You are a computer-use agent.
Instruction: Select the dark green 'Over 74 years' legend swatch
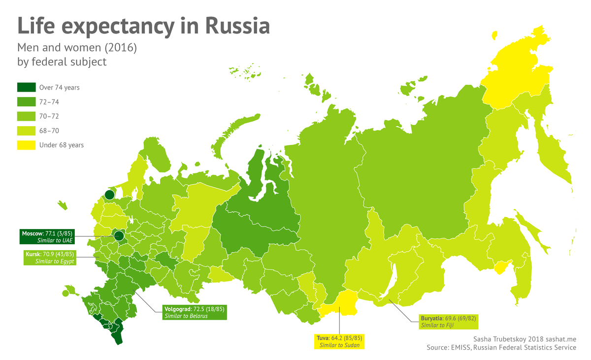pyautogui.click(x=26, y=87)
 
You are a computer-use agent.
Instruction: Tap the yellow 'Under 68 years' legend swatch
pyautogui.click(x=26, y=145)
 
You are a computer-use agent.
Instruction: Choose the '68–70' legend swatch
pyautogui.click(x=26, y=131)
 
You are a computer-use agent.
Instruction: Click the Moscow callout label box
pyautogui.click(x=48, y=237)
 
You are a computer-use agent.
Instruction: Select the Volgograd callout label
pyautogui.click(x=194, y=312)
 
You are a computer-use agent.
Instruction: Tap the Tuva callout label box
pyautogui.click(x=339, y=342)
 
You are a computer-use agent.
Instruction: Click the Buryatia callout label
pyautogui.click(x=448, y=322)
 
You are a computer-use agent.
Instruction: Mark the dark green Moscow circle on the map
pyautogui.click(x=119, y=236)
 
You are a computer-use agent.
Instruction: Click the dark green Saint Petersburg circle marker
pyautogui.click(x=109, y=195)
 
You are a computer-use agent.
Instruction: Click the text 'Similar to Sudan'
pyautogui.click(x=339, y=346)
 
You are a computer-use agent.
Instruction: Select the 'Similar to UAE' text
pyautogui.click(x=55, y=241)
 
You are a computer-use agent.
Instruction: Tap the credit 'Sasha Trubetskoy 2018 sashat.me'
pyautogui.click(x=525, y=339)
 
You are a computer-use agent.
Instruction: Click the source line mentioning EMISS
pyautogui.click(x=501, y=348)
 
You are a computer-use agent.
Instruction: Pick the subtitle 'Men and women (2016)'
pyautogui.click(x=77, y=48)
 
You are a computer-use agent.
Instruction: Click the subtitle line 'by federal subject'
pyautogui.click(x=62, y=62)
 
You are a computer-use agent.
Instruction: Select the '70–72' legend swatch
pyautogui.click(x=26, y=116)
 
